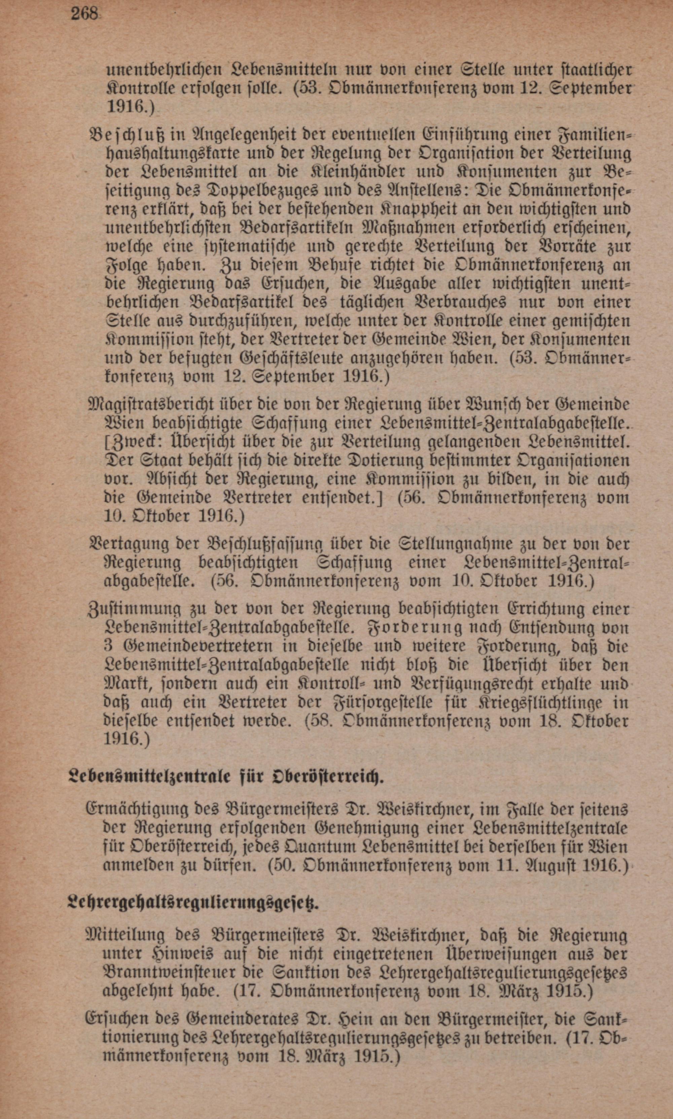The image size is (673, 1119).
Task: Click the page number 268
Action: (x=84, y=14)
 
